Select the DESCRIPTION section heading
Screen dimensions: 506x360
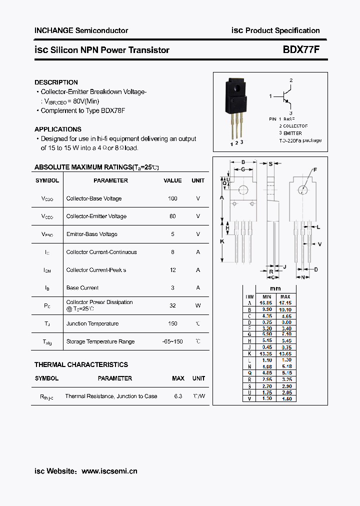pos(56,82)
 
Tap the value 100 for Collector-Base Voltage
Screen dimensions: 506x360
pos(172,198)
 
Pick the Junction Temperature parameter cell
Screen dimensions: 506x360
pos(92,324)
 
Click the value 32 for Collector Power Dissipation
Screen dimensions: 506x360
pos(172,305)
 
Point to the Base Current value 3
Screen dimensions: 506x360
pos(172,288)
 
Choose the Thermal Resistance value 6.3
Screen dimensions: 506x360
pos(178,396)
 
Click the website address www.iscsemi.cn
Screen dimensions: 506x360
pos(109,471)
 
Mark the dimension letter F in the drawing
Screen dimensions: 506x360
pos(315,170)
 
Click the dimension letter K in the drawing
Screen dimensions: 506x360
pos(222,241)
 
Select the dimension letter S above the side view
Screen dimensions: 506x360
pos(270,163)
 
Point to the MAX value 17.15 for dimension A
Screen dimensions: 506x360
pos(285,303)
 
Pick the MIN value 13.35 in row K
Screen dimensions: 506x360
pos(266,353)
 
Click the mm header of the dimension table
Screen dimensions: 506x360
pos(275,288)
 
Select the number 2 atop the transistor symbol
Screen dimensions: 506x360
pos(291,80)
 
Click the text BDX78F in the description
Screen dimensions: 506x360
pos(112,110)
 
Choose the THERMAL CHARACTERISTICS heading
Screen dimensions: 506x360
pos(81,365)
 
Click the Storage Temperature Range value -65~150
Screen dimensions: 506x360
pos(172,342)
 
